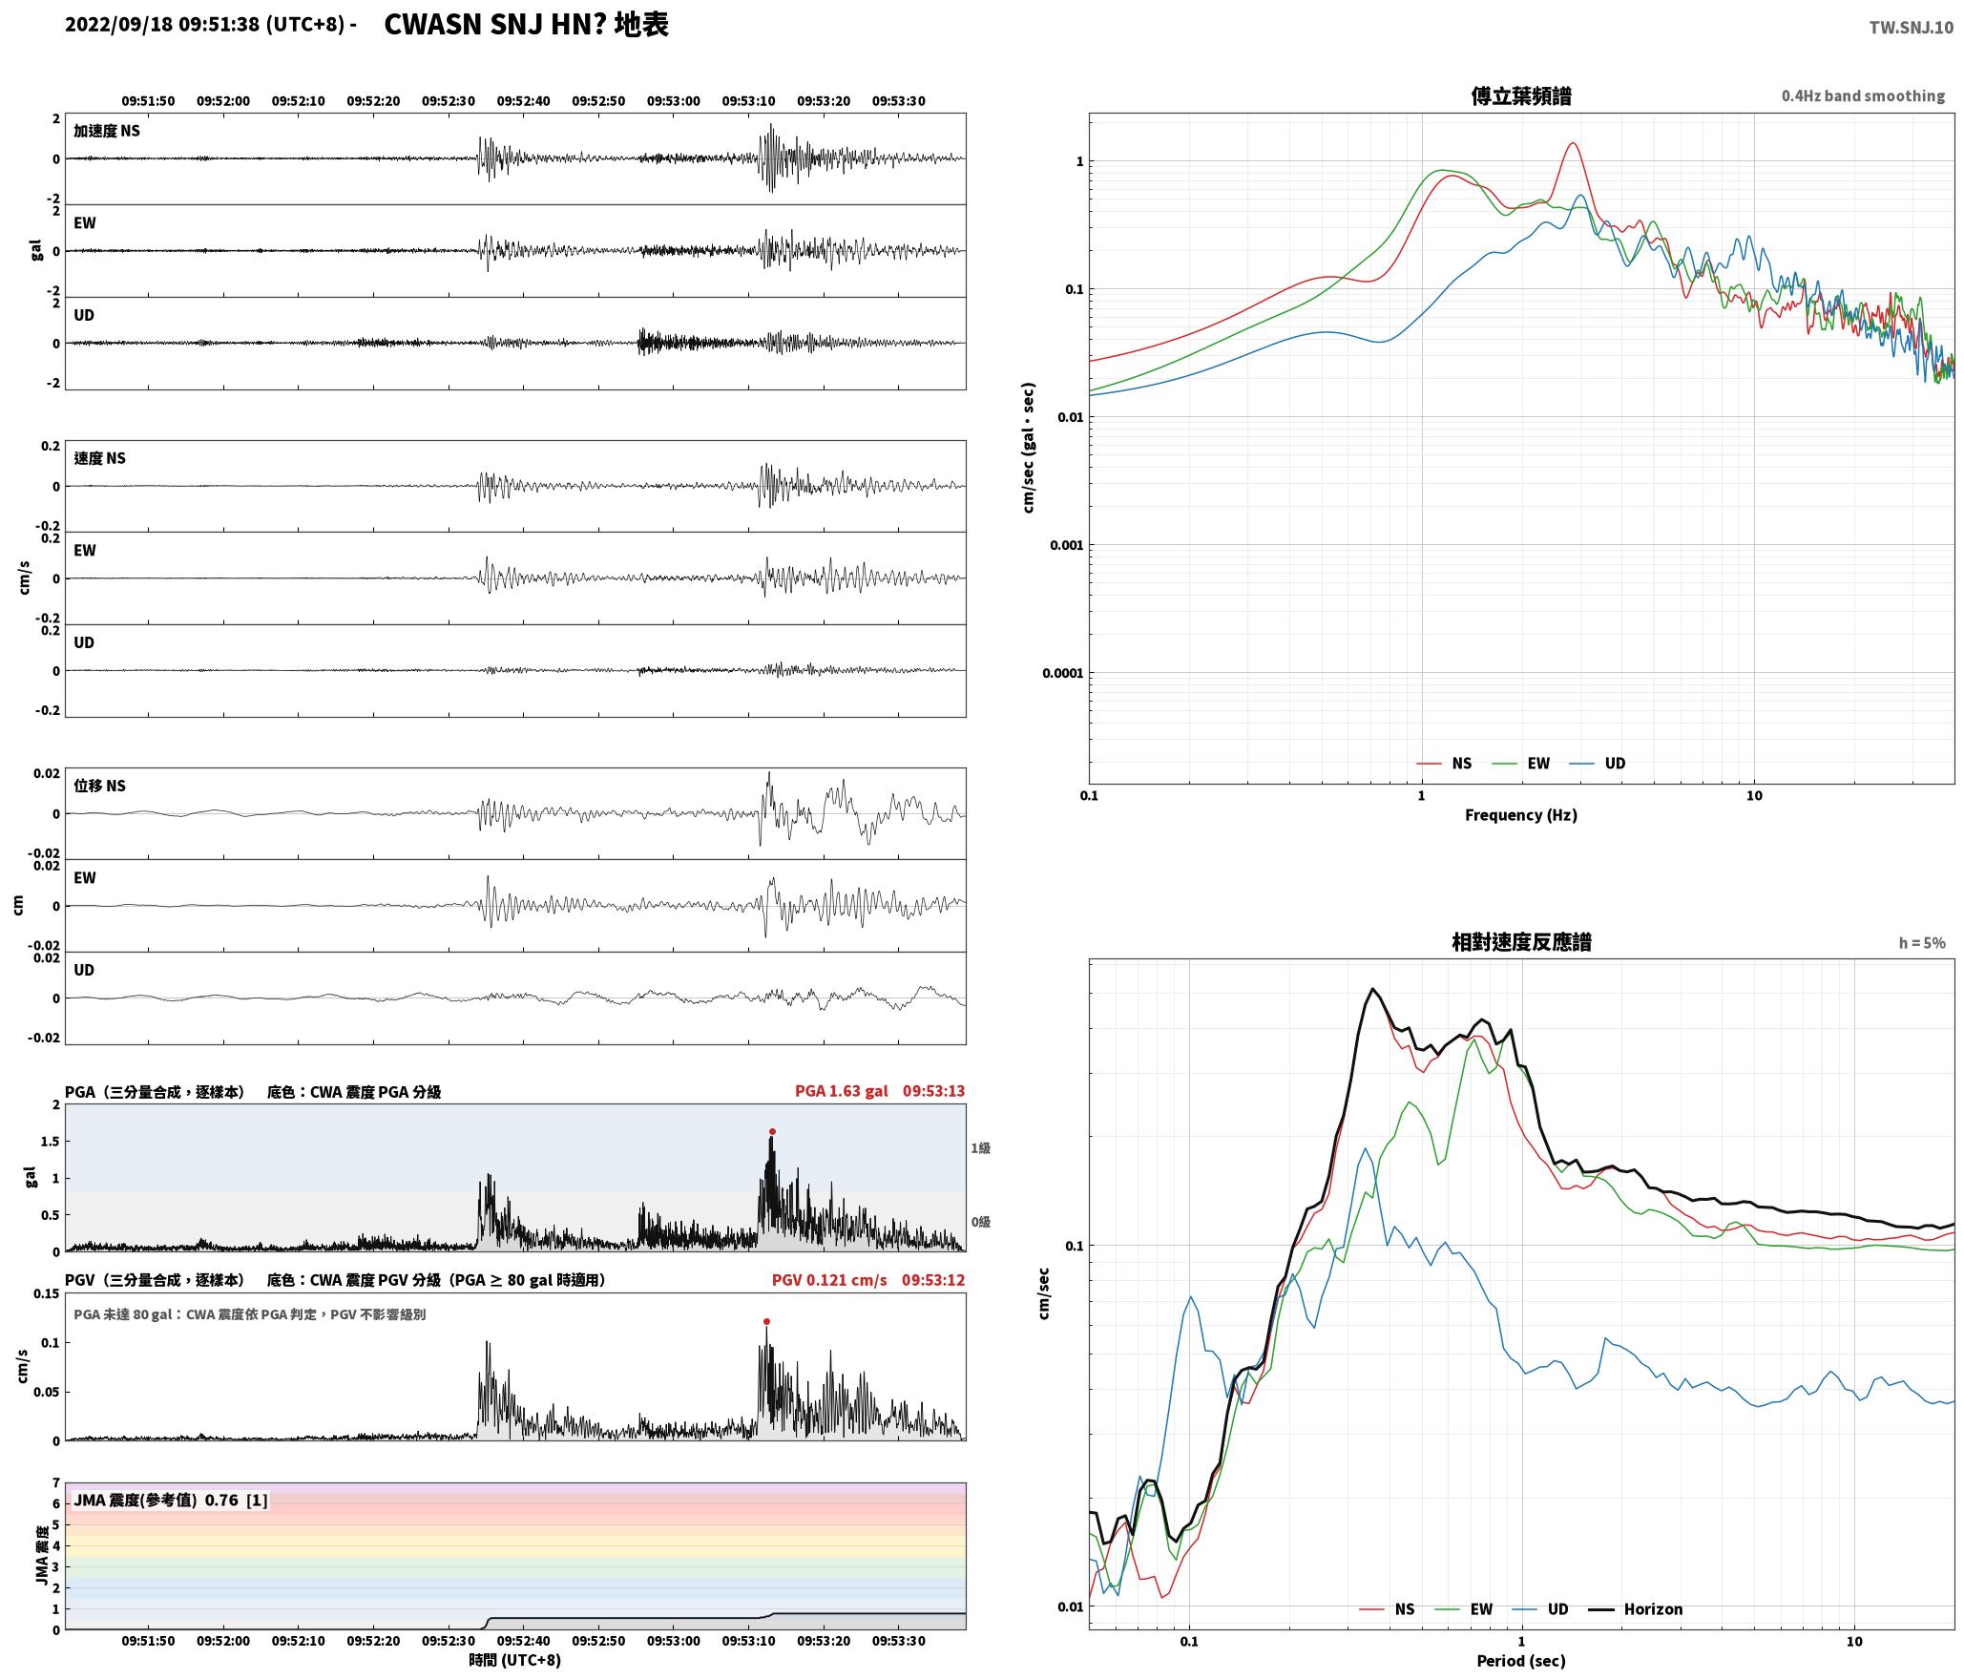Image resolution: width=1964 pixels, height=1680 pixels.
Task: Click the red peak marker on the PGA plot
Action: pos(772,1132)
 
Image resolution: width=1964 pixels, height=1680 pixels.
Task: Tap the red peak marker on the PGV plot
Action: pos(766,1322)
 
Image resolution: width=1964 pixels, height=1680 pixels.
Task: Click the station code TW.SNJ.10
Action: pos(1911,28)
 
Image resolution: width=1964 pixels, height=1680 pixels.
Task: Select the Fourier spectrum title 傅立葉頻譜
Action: pos(1521,96)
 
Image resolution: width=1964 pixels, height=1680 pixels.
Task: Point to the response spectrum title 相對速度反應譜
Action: pos(1521,942)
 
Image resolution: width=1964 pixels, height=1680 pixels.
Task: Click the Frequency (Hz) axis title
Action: pos(1521,815)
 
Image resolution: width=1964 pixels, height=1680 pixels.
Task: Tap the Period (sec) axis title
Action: pos(1521,1661)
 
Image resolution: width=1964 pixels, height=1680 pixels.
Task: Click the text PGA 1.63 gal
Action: pos(841,1091)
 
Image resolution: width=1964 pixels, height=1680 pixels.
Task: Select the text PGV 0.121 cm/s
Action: pos(829,1280)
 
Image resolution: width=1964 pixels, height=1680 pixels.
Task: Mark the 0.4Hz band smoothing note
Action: pos(1863,96)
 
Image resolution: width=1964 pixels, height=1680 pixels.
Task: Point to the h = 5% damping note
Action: pos(1922,943)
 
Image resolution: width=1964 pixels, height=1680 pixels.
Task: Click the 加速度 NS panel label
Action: pos(107,131)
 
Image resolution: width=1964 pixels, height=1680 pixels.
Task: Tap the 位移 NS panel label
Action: pos(100,786)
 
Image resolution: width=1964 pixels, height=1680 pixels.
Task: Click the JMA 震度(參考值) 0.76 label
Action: pos(157,1501)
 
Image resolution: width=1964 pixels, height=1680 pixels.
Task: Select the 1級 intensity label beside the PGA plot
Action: pos(980,1148)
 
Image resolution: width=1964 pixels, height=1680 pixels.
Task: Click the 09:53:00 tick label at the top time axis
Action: pos(674,101)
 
